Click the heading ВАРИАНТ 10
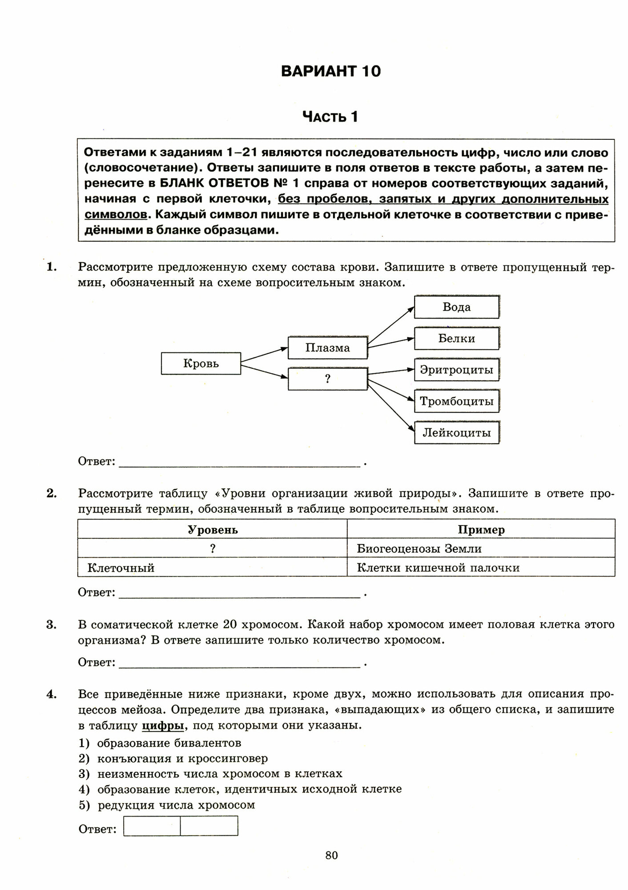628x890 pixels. point(331,72)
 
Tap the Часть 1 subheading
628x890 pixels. point(330,117)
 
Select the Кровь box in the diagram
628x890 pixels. point(201,364)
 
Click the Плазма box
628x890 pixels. point(328,348)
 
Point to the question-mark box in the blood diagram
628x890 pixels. point(328,379)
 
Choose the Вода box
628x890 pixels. point(456,307)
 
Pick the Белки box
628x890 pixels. point(456,339)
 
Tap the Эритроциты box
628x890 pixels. point(456,370)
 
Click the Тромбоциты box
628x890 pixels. point(456,401)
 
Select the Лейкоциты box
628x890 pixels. point(456,433)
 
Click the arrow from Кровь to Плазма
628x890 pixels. point(264,356)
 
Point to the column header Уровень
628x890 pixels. point(213,530)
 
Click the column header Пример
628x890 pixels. point(481,530)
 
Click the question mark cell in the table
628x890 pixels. point(213,549)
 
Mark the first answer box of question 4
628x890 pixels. point(152,825)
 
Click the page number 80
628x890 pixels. point(332,855)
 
